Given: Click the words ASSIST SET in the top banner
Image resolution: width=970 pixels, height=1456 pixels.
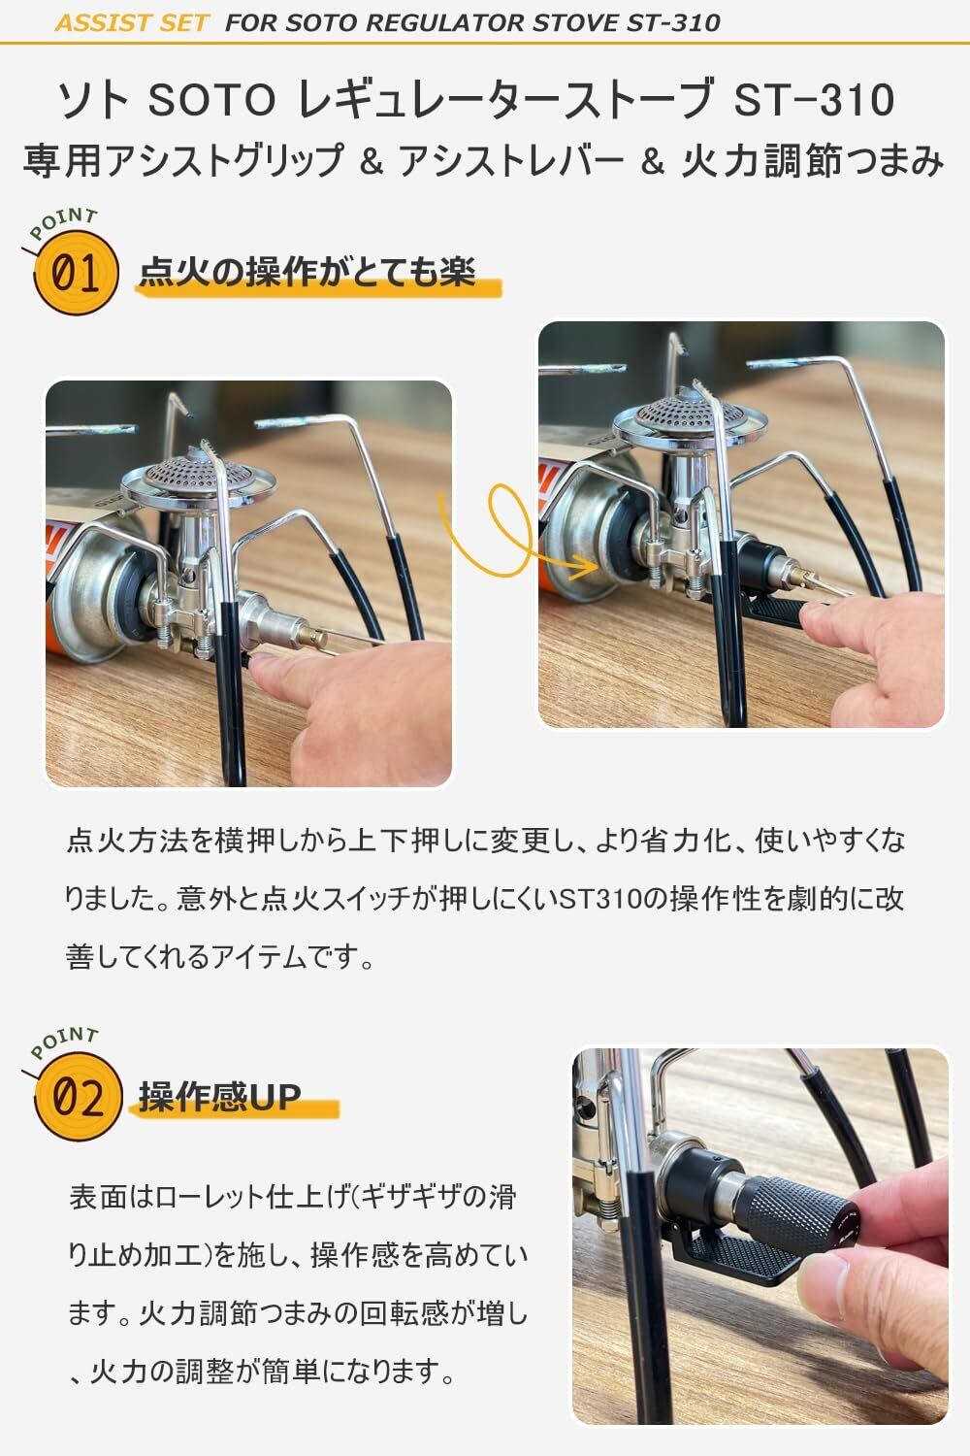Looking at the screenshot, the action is pyautogui.click(x=131, y=22).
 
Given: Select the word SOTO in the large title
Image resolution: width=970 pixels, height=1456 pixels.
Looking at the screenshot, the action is pyautogui.click(x=211, y=100).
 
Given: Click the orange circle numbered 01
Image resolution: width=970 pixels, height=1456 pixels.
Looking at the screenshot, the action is pyautogui.click(x=77, y=273).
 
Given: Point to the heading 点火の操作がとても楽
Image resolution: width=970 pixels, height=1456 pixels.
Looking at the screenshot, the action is pyautogui.click(x=307, y=271).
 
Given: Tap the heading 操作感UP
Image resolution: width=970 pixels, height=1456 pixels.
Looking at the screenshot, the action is pyautogui.click(x=219, y=1098).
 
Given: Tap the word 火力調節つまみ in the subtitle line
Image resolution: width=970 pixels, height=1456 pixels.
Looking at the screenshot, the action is pyautogui.click(x=812, y=161).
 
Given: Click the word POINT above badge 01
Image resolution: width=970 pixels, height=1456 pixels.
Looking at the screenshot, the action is pyautogui.click(x=64, y=223).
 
